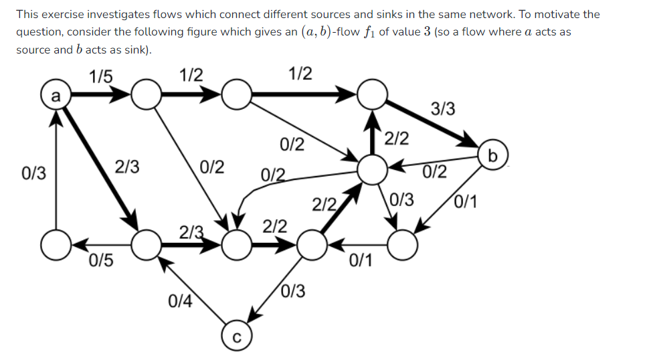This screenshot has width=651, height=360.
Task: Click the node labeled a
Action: [x=56, y=96]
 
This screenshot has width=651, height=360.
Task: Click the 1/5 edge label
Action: [x=101, y=75]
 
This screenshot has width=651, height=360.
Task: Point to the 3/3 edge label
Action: [x=444, y=108]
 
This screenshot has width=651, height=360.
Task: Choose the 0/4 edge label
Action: [x=180, y=302]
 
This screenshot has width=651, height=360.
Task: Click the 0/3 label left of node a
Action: [x=34, y=174]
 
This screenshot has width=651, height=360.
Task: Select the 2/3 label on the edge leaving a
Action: [x=127, y=167]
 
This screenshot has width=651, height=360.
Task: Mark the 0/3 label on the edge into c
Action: [x=293, y=290]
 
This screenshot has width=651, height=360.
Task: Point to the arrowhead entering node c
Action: [x=255, y=314]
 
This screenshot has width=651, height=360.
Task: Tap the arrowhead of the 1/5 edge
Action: [x=122, y=96]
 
